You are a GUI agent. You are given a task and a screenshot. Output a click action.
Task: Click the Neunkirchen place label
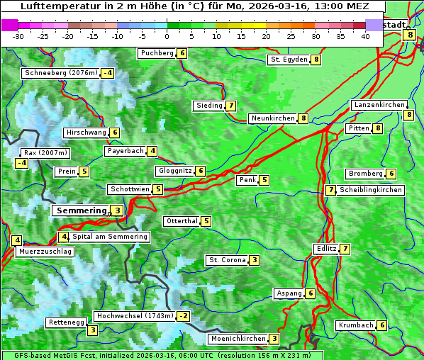(x=273, y=118)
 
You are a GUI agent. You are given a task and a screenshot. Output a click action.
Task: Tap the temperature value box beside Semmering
(x=117, y=210)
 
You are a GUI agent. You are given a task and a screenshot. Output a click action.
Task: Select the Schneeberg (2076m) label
(x=60, y=73)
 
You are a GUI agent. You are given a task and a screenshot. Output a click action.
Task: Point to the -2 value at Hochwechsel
(x=184, y=316)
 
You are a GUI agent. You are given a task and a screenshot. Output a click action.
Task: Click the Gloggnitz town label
(x=174, y=171)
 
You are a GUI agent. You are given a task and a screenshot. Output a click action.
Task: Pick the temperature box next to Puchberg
(x=182, y=53)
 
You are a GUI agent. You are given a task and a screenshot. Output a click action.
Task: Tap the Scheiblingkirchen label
(x=371, y=190)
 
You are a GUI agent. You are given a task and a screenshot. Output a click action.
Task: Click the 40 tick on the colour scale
(x=365, y=36)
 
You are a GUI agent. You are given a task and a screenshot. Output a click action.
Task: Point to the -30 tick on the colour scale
(x=18, y=36)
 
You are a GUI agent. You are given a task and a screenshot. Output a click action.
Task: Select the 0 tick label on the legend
(x=167, y=36)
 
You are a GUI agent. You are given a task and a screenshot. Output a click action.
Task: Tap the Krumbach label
(x=355, y=325)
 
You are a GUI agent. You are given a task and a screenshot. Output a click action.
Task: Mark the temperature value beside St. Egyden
(x=316, y=60)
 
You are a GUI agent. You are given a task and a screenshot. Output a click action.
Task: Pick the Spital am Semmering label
(x=110, y=237)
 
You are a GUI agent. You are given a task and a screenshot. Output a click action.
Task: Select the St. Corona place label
(x=227, y=260)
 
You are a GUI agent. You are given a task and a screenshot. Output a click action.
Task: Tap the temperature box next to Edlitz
(x=345, y=249)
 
